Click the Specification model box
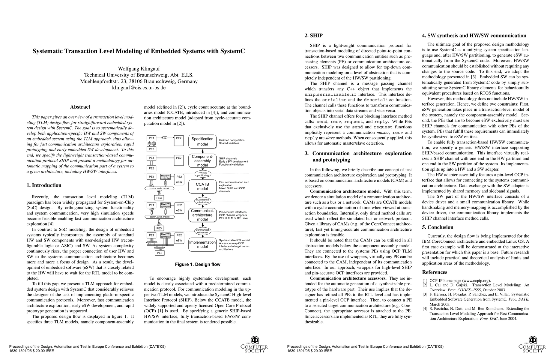(x=202, y=141)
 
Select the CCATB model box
(x=202, y=186)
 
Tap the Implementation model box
(x=202, y=244)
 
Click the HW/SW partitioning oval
(x=203, y=174)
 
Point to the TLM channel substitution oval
(x=203, y=201)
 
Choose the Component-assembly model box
(x=202, y=161)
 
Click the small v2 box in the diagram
(x=165, y=138)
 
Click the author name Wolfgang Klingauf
(x=139, y=69)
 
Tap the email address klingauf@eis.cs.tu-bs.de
(x=139, y=88)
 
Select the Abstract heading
(x=80, y=107)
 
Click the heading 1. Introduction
(x=44, y=185)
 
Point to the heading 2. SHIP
(x=314, y=35)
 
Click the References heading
(x=435, y=272)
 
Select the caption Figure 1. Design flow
(x=198, y=264)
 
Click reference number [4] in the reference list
(x=425, y=308)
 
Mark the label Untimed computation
(x=232, y=140)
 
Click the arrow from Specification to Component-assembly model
(x=203, y=151)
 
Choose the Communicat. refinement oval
(x=203, y=231)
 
